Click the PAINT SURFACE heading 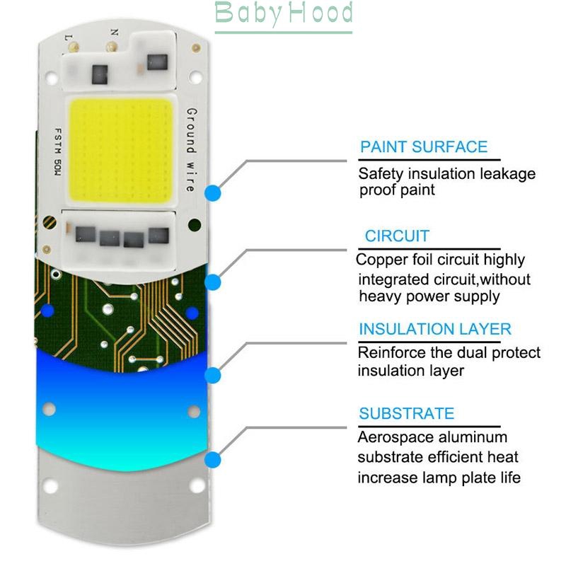pyautogui.click(x=424, y=148)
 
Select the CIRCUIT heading pyautogui.click(x=397, y=236)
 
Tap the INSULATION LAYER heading pyautogui.click(x=434, y=329)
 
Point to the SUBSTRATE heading pyautogui.click(x=406, y=414)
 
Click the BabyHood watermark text pyautogui.click(x=283, y=13)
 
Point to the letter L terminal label pyautogui.click(x=68, y=36)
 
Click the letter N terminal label pyautogui.click(x=113, y=31)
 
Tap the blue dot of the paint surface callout pyautogui.click(x=213, y=192)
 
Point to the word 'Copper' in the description pyautogui.click(x=381, y=260)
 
